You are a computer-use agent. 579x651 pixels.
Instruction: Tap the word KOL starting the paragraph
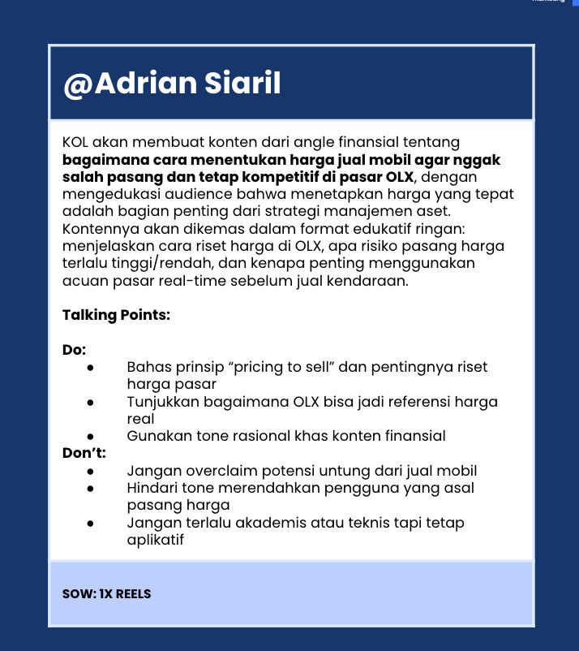pyautogui.click(x=77, y=143)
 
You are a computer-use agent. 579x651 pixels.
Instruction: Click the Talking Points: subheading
pyautogui.click(x=116, y=315)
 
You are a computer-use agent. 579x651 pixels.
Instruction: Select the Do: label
pyautogui.click(x=75, y=350)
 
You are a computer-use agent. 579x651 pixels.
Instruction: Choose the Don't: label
pyautogui.click(x=84, y=453)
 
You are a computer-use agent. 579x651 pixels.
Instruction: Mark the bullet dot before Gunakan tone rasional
pyautogui.click(x=92, y=437)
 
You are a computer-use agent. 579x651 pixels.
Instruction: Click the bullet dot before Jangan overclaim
pyautogui.click(x=92, y=471)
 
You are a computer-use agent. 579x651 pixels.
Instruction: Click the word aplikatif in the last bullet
pyautogui.click(x=156, y=540)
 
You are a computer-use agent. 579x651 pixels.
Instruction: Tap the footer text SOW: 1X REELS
pyautogui.click(x=106, y=593)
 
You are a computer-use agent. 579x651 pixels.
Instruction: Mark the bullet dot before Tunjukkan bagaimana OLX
pyautogui.click(x=92, y=402)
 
